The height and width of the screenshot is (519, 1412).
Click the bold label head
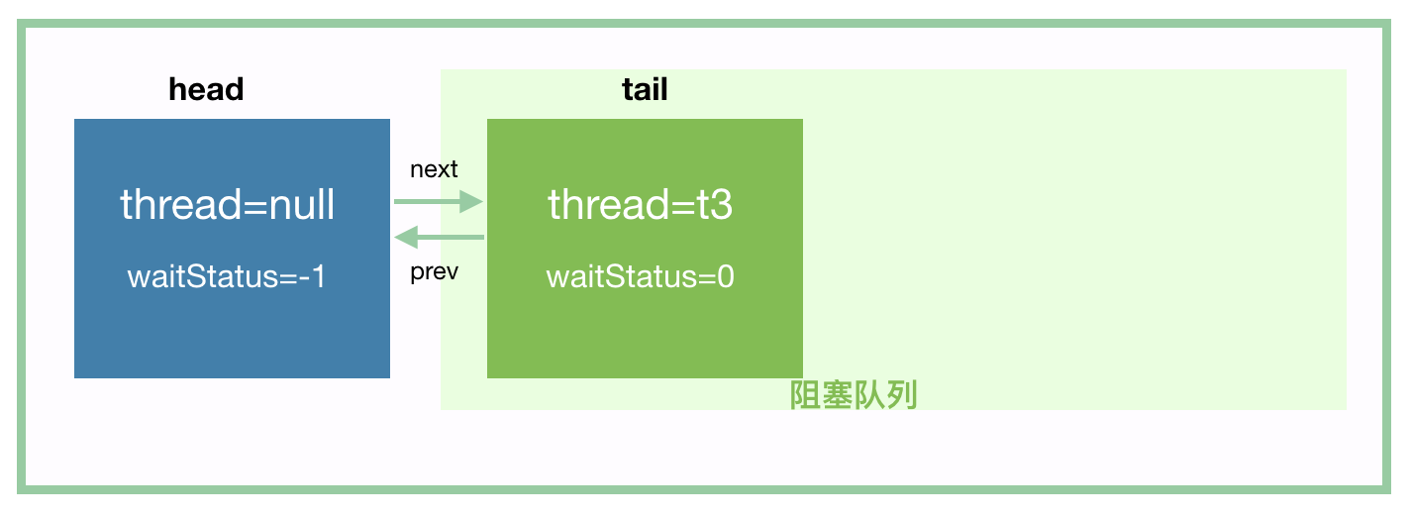click(x=206, y=90)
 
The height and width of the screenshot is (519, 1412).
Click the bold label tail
click(x=645, y=90)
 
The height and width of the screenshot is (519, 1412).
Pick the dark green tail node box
click(x=645, y=327)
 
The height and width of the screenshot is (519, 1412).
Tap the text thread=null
click(x=228, y=205)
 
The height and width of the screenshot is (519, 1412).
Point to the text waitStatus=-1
click(x=227, y=276)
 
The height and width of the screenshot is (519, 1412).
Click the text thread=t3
click(x=641, y=205)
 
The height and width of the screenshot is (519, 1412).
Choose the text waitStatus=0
click(x=641, y=276)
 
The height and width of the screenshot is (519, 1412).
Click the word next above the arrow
click(x=434, y=169)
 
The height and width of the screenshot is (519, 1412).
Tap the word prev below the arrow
click(x=434, y=271)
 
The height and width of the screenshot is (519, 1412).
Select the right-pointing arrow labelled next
click(x=437, y=202)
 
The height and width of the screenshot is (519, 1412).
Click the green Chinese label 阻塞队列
click(x=854, y=395)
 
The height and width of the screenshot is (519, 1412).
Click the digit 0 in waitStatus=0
click(x=725, y=276)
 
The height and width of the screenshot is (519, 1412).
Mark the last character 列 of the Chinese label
click(x=902, y=395)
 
